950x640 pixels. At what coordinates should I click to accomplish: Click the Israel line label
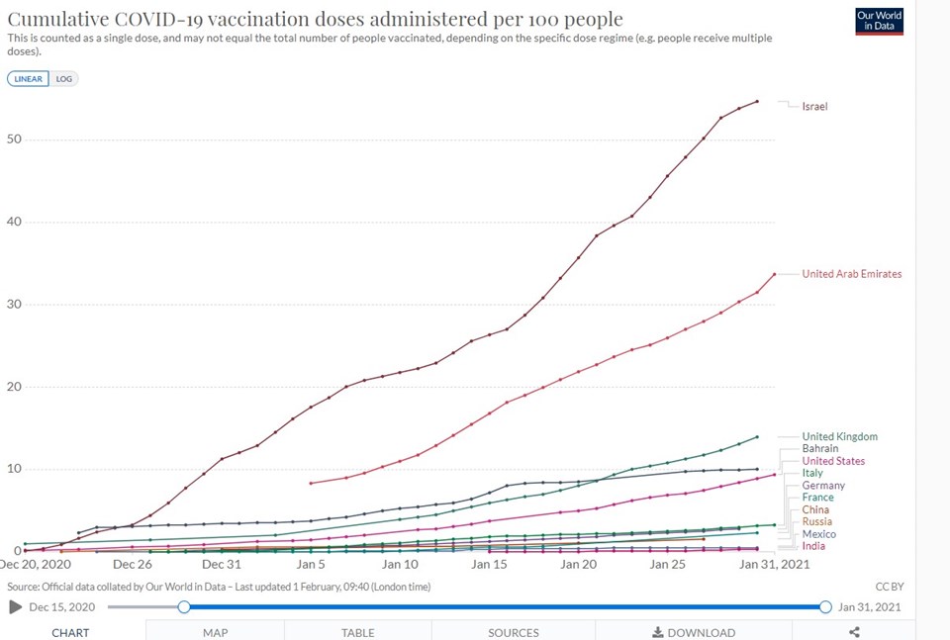(814, 106)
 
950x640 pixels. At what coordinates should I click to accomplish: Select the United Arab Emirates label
(851, 274)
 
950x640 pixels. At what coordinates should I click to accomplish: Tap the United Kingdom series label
(839, 436)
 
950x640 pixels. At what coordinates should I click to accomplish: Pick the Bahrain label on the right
(820, 449)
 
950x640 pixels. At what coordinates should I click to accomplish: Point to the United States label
(833, 461)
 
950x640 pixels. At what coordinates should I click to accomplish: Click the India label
(814, 546)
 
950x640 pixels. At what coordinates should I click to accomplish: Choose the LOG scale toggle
(64, 78)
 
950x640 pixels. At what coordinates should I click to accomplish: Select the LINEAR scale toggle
(29, 78)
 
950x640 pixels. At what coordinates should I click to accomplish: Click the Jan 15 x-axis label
(490, 565)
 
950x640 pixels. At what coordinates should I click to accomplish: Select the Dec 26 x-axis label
(133, 565)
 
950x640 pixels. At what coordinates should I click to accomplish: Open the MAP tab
(216, 632)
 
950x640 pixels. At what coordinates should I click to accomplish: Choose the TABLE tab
(358, 632)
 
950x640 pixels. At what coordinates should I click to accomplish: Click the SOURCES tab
(514, 632)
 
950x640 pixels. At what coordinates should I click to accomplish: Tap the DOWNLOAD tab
(694, 632)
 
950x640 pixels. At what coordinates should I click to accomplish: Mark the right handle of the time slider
(825, 606)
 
